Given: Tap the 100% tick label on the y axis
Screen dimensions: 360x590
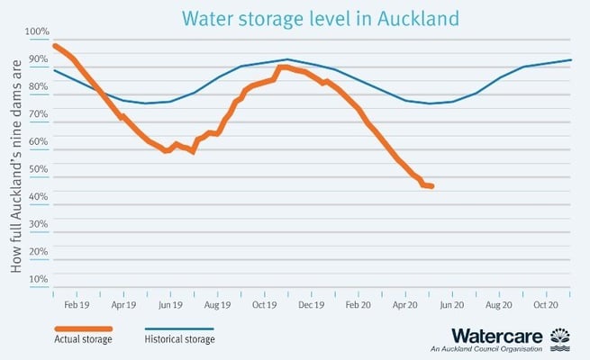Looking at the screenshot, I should tap(39, 33).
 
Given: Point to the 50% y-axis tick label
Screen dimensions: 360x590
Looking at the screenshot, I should tap(39, 168).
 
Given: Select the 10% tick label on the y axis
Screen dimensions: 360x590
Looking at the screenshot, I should tap(39, 279).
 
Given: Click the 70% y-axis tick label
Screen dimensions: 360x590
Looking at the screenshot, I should tap(39, 113).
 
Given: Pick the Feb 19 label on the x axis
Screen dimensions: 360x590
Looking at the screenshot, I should tap(76, 305).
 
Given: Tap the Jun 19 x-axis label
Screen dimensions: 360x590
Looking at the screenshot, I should tap(170, 305).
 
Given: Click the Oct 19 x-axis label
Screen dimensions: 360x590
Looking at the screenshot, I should tap(264, 305).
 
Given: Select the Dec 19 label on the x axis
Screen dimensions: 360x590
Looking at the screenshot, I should tap(311, 305).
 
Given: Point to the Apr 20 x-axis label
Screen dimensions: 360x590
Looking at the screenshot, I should tap(405, 305).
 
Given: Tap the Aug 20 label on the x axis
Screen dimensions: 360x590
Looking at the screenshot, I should tap(499, 305).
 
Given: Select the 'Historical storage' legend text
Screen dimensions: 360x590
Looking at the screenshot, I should tap(179, 339).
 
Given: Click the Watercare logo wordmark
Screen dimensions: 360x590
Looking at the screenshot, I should tap(497, 336).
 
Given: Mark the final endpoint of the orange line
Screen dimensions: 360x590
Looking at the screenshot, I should tap(432, 186).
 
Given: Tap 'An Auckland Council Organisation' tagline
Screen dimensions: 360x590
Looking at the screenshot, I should tap(487, 349).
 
